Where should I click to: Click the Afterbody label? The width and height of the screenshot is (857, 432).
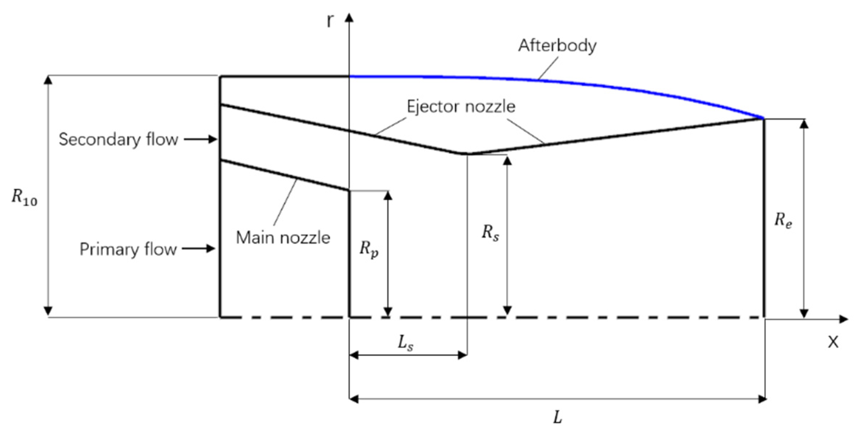557,46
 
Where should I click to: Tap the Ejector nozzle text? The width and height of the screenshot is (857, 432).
461,107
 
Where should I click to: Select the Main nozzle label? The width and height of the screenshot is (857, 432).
283,238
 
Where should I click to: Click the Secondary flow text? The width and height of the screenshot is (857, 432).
118,140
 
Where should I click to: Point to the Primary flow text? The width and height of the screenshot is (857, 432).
128,249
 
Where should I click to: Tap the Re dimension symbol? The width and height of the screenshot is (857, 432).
782,220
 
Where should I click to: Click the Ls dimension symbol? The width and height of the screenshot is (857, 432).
405,343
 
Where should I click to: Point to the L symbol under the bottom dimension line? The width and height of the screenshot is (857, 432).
557,418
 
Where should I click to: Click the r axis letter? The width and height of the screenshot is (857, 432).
329,21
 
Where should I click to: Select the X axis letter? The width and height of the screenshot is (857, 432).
833,342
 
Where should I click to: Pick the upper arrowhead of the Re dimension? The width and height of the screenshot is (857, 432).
805,124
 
